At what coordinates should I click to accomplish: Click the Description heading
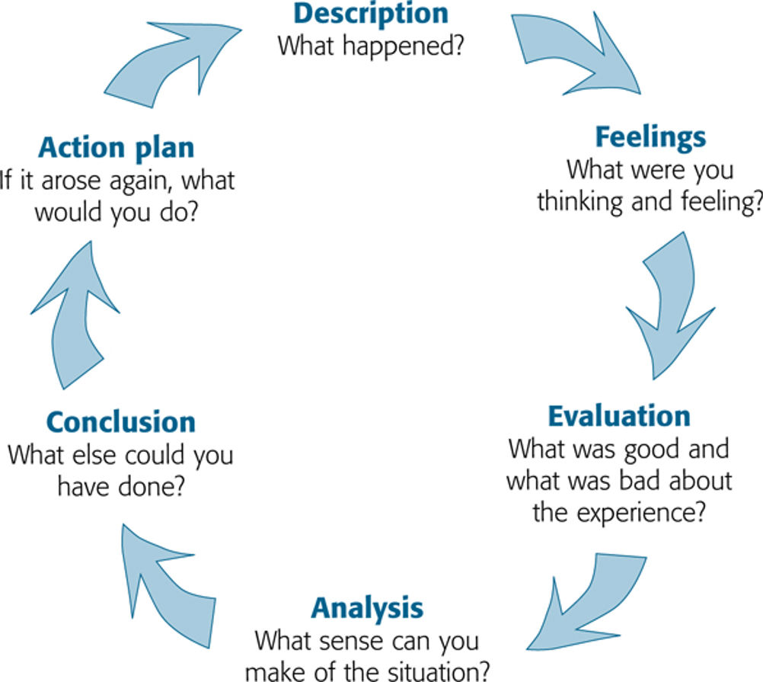click(371, 14)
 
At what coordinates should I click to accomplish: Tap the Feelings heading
click(650, 138)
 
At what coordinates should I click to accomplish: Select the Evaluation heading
click(619, 417)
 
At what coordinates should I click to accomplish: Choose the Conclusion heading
click(121, 422)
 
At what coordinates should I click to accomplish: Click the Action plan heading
click(117, 149)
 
